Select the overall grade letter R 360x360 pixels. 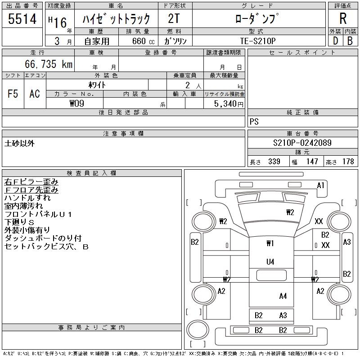click(343, 19)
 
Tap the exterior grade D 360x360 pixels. click(335, 40)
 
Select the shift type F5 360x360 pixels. click(13, 94)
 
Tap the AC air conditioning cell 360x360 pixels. click(35, 94)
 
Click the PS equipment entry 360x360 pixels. click(254, 122)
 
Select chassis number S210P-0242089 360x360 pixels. click(302, 143)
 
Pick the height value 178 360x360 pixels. click(348, 162)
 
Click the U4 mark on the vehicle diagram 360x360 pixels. click(270, 261)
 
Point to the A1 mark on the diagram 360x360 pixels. click(321, 185)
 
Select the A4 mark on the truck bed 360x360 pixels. click(283, 296)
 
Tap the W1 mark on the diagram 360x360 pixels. click(270, 243)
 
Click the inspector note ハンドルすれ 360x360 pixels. click(27, 198)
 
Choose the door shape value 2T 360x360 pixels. click(174, 19)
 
